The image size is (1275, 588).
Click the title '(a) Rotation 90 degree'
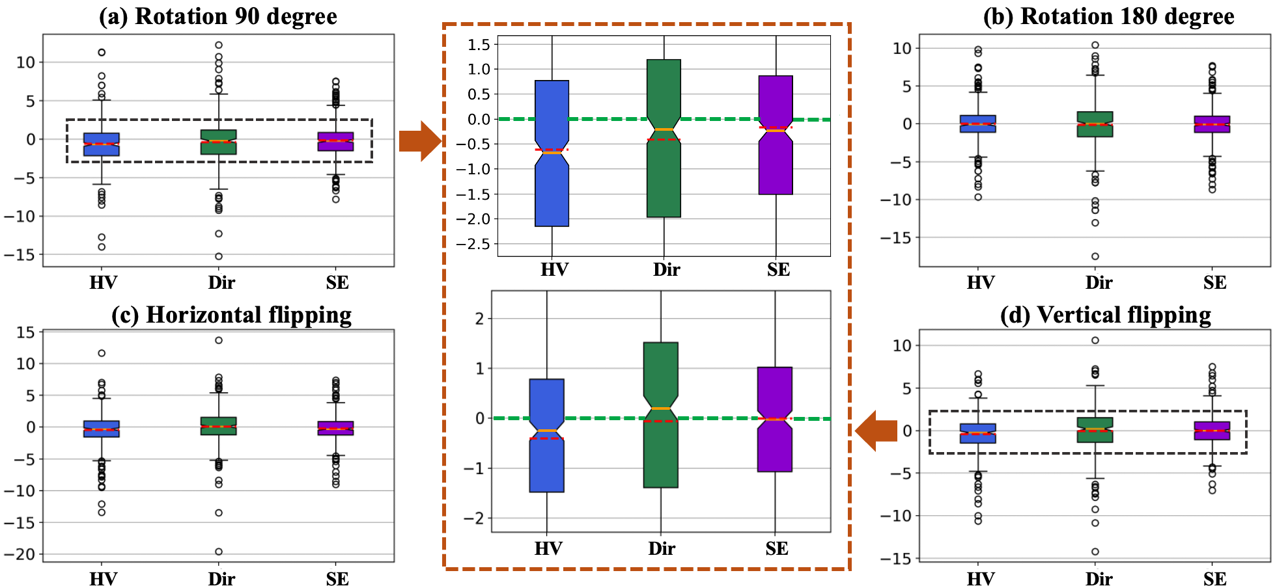[217, 16]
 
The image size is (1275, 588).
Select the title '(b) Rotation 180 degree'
[1108, 16]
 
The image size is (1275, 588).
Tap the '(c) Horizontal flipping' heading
[231, 315]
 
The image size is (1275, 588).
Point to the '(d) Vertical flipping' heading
[1105, 315]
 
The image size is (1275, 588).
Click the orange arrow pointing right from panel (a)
[419, 140]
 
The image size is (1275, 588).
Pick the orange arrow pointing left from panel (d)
[876, 431]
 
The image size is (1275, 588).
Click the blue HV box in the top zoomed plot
[552, 195]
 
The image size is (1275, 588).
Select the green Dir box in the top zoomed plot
[664, 182]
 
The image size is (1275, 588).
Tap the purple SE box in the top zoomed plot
[776, 169]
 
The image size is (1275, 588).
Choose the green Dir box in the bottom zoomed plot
[660, 455]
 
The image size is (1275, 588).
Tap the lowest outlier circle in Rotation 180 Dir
[1095, 256]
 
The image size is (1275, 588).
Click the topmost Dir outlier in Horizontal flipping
[219, 340]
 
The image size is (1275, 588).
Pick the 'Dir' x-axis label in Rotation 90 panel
[221, 283]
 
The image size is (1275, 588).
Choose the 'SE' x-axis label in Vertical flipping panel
[1214, 579]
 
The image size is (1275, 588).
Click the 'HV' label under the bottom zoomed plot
[548, 549]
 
